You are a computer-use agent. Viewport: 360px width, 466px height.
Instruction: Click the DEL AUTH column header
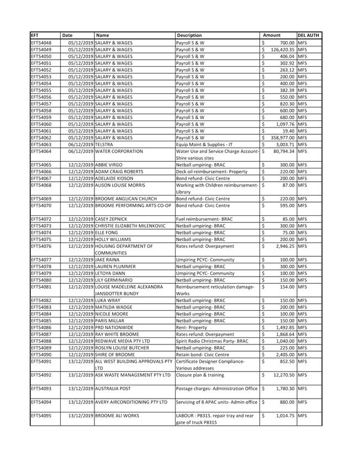click(x=309, y=35)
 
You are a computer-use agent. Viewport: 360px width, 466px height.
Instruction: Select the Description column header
click(x=189, y=35)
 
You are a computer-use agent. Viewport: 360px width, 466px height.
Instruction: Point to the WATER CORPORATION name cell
click(x=119, y=151)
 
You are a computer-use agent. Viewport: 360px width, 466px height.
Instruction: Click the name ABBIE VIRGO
click(x=109, y=165)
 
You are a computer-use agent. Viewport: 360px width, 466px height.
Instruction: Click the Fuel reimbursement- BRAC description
click(x=204, y=219)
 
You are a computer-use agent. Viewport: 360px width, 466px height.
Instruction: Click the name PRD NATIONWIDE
click(x=114, y=327)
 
